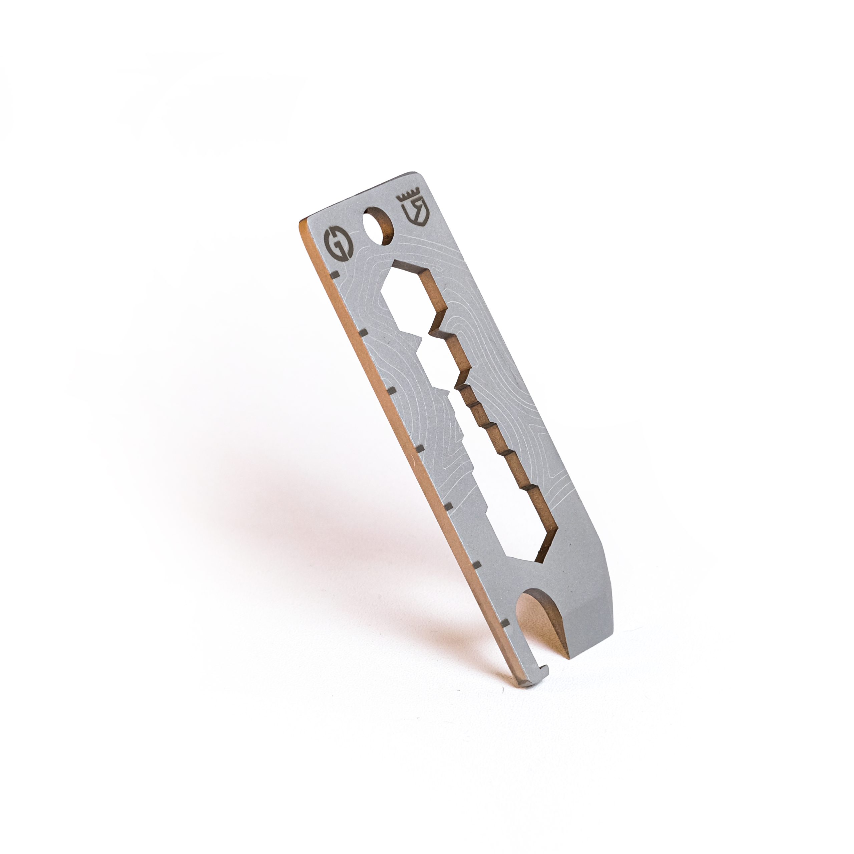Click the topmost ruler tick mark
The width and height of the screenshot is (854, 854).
pos(335,275)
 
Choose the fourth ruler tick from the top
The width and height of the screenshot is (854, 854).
pos(420,449)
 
